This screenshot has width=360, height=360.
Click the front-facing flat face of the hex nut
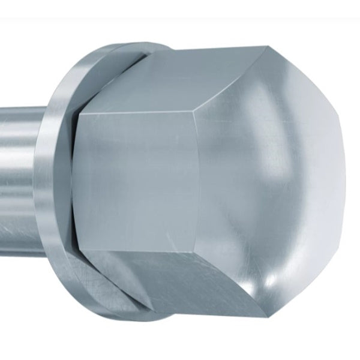click(x=138, y=180)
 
